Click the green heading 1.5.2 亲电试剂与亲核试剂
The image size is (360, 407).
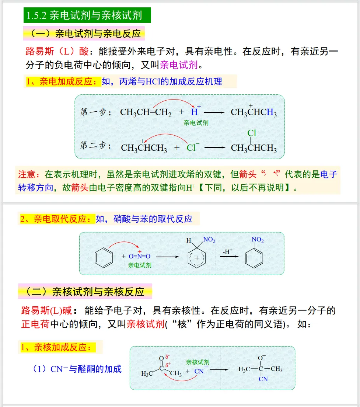coord(87,16)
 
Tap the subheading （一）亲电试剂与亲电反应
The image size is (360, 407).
coord(84,34)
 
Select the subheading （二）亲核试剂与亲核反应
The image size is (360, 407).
coord(85,292)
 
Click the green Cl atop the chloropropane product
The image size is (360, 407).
coord(252,133)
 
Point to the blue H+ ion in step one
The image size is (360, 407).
coord(195,112)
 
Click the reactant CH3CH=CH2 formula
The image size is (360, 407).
coord(146,112)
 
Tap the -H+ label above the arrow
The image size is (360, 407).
coord(227,252)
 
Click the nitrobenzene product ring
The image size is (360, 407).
coord(254,257)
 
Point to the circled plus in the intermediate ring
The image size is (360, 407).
coord(197,258)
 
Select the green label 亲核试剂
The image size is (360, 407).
coord(198,362)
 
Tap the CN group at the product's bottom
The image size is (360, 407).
coord(263,379)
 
